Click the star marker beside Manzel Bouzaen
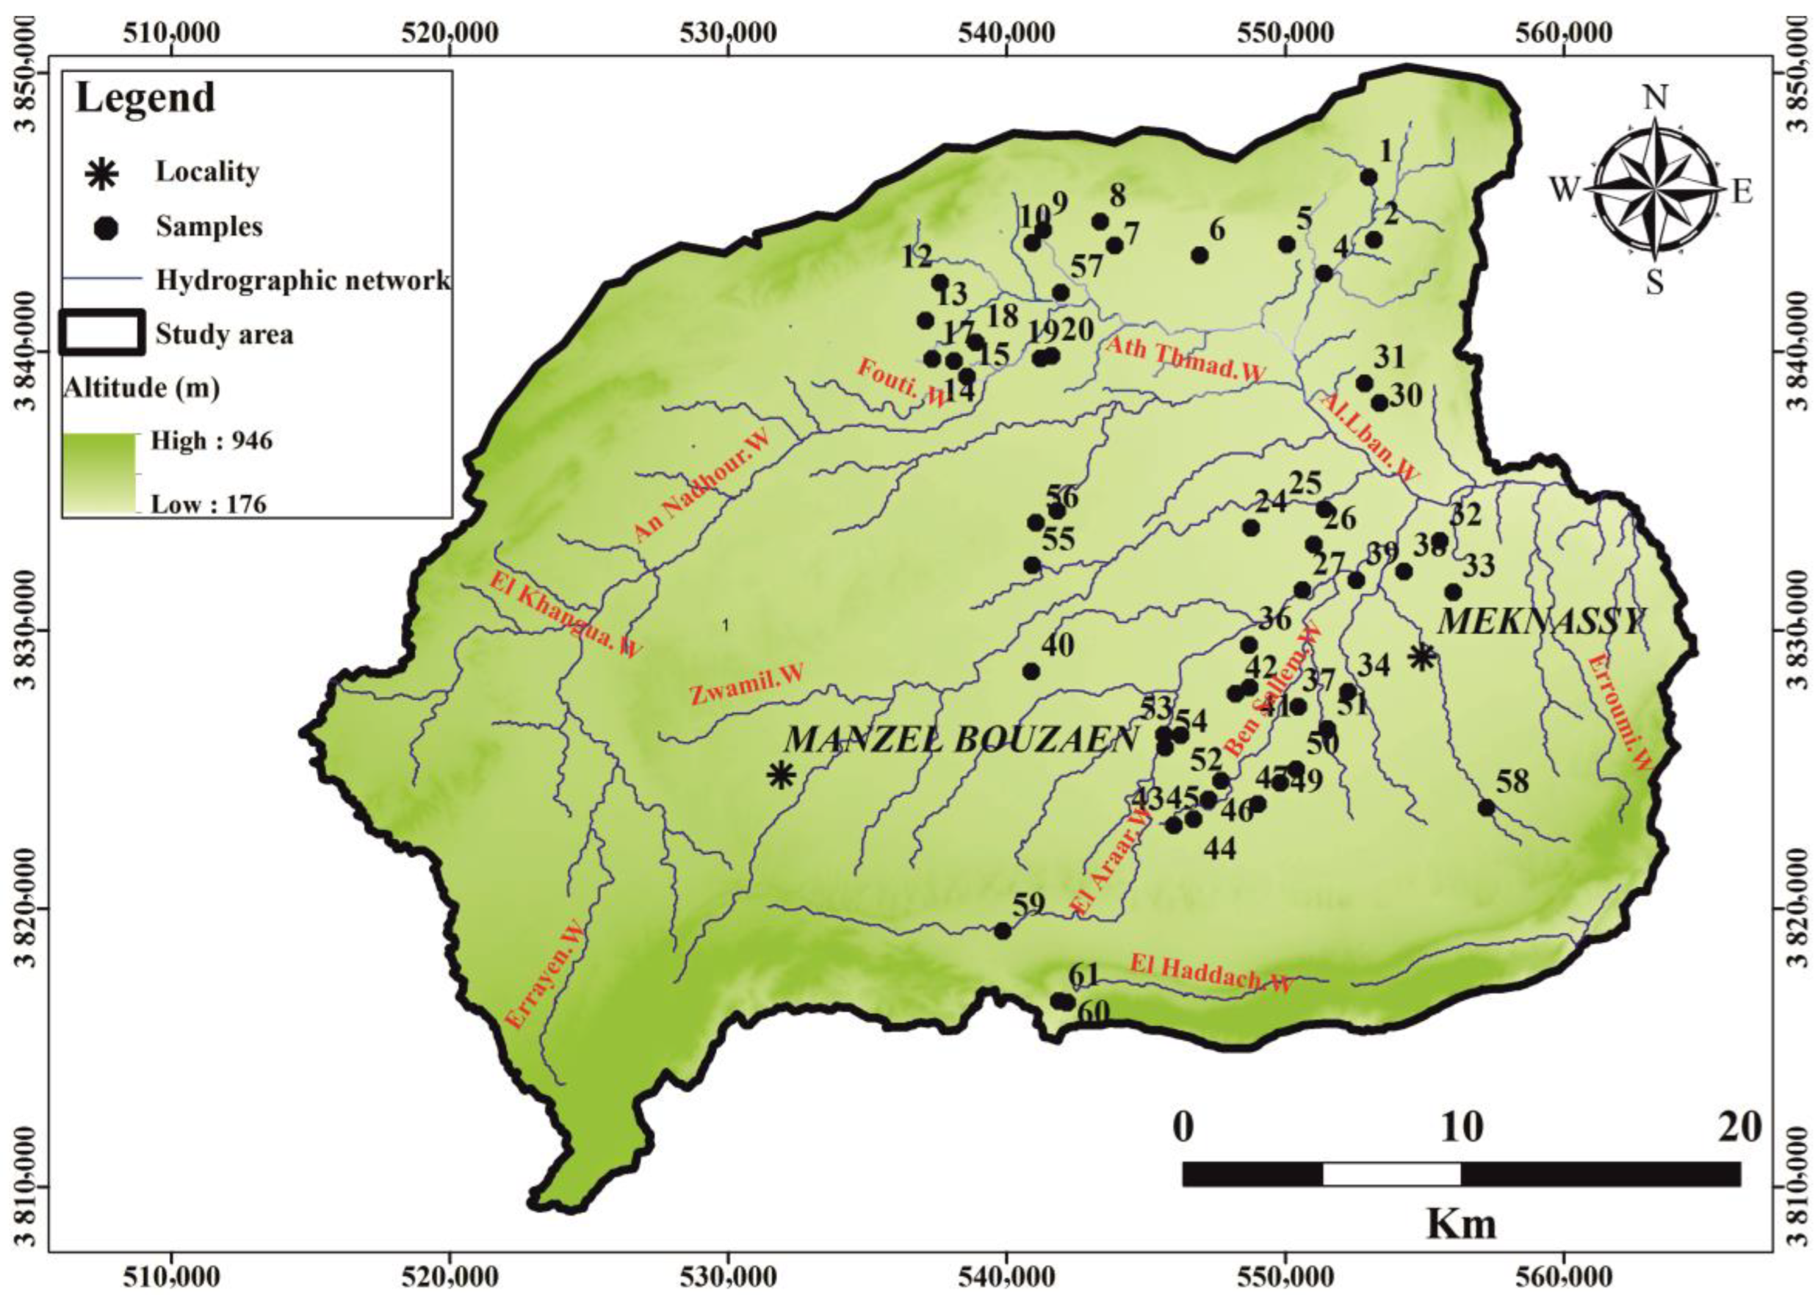782,774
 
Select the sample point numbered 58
1486,808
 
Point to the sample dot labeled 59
1003,931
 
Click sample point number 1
1369,177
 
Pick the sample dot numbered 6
1200,255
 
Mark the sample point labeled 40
1032,671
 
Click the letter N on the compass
1656,98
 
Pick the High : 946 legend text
212,440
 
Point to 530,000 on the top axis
728,33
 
